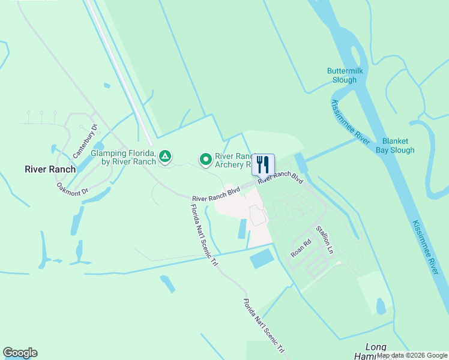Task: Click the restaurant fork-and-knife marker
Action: (x=263, y=164)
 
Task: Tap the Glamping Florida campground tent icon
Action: (x=166, y=157)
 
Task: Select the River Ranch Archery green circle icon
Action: (x=206, y=160)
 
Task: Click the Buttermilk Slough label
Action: (x=342, y=75)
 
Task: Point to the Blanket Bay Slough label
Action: (x=395, y=146)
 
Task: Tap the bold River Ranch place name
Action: (x=50, y=169)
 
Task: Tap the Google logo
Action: (x=20, y=353)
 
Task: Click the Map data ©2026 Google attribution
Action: (x=412, y=356)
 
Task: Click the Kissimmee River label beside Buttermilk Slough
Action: (x=351, y=122)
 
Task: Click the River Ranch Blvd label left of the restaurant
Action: (x=216, y=194)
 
